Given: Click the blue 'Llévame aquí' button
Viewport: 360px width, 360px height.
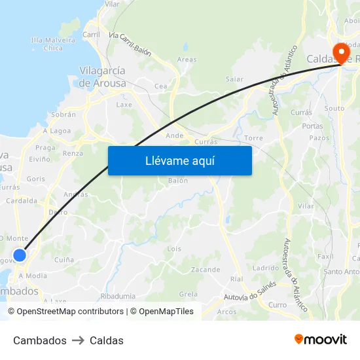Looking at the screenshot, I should (x=179, y=160).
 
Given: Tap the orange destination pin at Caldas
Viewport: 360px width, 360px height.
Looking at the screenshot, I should (x=340, y=52).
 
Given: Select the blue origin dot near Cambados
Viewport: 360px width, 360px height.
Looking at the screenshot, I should (x=20, y=255).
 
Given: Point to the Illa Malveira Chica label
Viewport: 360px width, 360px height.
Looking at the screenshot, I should (x=53, y=44).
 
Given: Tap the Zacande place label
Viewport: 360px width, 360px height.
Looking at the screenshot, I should (x=205, y=270).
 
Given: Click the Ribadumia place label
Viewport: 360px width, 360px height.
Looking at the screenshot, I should (x=118, y=296).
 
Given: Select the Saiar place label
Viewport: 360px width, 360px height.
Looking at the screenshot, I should (x=234, y=79).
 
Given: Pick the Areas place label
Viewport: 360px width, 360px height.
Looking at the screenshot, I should (x=187, y=60).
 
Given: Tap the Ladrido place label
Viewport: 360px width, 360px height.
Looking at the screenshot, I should (x=265, y=268).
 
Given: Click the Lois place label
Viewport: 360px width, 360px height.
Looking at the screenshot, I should (x=174, y=249).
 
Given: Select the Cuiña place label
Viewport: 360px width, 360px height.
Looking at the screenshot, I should (x=63, y=260).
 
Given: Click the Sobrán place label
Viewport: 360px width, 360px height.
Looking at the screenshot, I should (x=63, y=114).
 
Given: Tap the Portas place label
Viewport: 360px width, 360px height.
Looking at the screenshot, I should (x=312, y=126).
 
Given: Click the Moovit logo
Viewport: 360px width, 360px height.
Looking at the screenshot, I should (x=321, y=340).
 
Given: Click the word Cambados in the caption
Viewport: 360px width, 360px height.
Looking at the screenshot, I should (x=40, y=340).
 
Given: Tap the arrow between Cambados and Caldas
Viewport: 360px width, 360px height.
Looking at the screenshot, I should (x=78, y=340).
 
